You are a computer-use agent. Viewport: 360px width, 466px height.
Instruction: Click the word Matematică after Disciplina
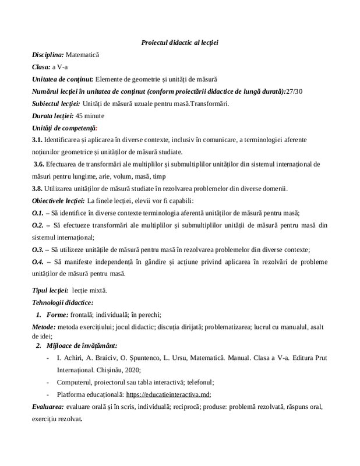83,55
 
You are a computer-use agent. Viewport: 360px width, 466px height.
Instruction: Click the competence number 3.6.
40,164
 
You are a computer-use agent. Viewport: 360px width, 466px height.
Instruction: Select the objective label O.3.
38,249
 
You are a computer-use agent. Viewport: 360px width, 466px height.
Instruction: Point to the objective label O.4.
38,262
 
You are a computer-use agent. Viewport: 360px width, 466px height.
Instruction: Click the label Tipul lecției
50,290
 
